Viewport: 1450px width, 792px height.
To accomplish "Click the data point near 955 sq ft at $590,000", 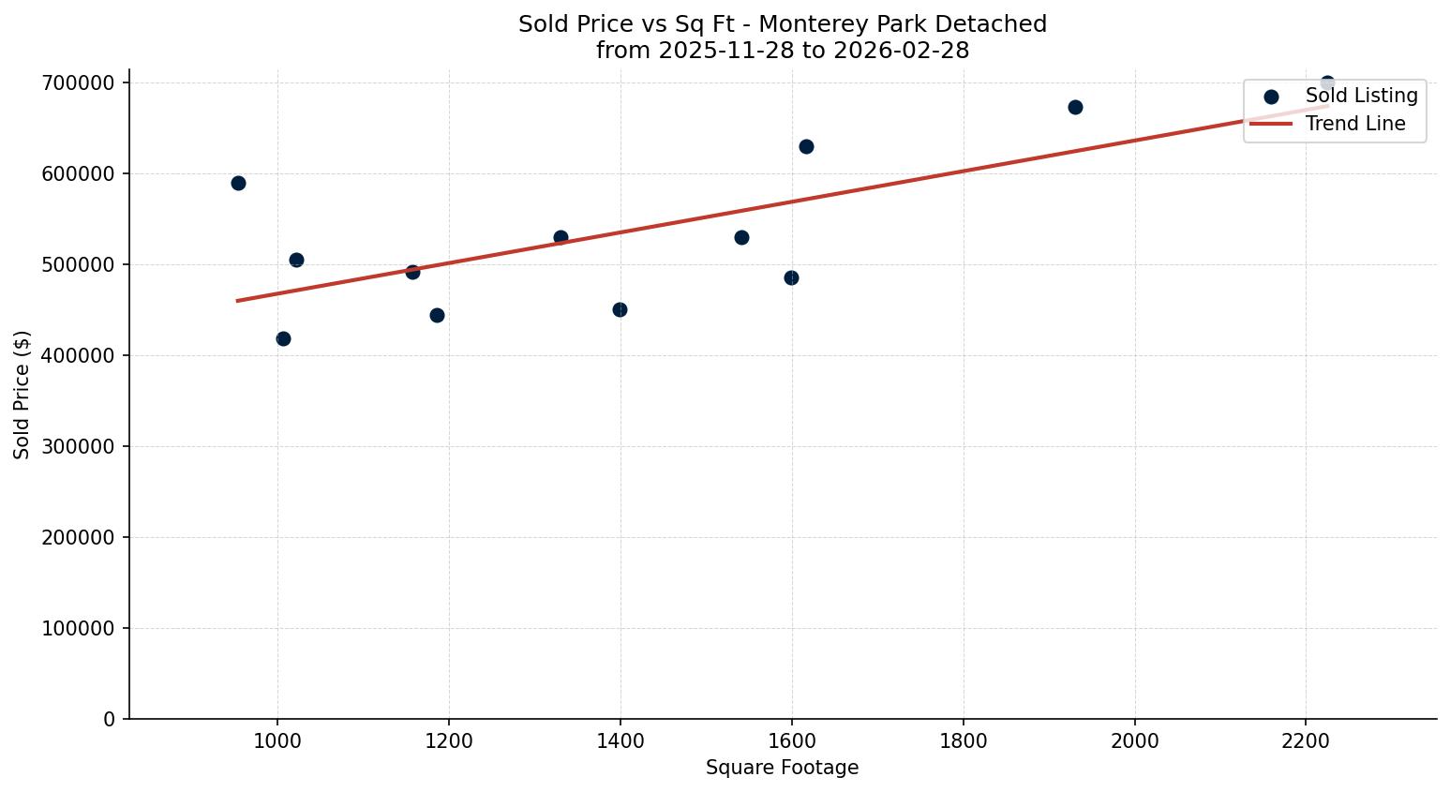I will (x=238, y=183).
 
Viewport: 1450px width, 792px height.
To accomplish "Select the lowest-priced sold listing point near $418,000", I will (x=283, y=338).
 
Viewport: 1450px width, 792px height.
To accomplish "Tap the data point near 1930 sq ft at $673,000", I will (x=1075, y=107).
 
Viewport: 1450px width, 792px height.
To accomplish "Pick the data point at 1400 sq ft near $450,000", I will (x=620, y=309).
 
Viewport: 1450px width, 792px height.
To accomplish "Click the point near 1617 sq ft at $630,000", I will (x=806, y=146).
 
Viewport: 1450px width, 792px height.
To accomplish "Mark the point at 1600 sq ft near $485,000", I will (x=791, y=277).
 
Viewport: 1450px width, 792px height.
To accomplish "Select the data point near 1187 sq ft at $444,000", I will (x=437, y=315).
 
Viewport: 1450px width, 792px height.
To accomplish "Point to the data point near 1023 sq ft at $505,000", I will (x=296, y=260).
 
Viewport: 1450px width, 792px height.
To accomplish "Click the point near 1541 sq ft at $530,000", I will (x=741, y=237).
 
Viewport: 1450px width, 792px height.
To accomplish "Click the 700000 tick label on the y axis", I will (x=78, y=83).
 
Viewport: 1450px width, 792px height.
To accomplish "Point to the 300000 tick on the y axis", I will (x=78, y=447).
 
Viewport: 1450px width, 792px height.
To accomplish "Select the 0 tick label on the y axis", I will (x=110, y=719).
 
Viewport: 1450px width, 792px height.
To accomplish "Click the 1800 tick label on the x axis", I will (x=964, y=740).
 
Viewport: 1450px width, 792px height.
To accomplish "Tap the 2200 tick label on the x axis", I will (x=1306, y=740).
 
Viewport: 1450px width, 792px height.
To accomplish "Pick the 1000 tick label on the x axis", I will (x=277, y=740).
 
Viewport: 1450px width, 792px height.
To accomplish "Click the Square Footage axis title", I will (x=782, y=768).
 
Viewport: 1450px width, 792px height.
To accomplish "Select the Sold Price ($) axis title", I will (x=22, y=395).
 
